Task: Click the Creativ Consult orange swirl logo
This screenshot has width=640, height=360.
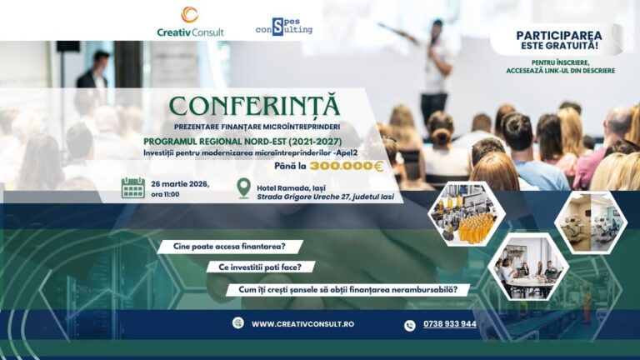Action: tap(190, 15)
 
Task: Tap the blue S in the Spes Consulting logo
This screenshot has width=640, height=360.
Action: tap(277, 27)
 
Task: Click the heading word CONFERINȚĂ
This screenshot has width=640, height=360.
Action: tap(255, 106)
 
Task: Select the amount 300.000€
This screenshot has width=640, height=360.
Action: tap(347, 166)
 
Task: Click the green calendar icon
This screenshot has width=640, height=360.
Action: tap(133, 188)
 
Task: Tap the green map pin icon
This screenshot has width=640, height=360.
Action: tap(244, 188)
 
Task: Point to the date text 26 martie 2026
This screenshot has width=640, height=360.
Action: tap(180, 184)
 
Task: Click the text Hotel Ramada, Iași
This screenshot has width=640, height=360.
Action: tap(291, 188)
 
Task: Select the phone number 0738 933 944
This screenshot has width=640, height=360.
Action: tap(450, 324)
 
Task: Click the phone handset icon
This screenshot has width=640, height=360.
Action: tap(410, 325)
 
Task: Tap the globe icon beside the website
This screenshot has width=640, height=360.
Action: tap(238, 322)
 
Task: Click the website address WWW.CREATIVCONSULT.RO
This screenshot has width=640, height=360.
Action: tap(302, 324)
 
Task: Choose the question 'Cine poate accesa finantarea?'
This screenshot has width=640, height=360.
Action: tap(229, 247)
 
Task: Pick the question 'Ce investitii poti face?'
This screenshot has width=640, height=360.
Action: tap(260, 267)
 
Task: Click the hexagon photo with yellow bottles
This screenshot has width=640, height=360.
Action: tap(467, 214)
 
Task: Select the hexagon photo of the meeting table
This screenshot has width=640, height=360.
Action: tap(528, 267)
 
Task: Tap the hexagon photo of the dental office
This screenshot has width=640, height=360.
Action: tap(591, 222)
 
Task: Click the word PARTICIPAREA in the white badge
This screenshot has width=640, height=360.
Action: tap(559, 36)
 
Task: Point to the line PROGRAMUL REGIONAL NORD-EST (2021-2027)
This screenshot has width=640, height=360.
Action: tap(242, 142)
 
